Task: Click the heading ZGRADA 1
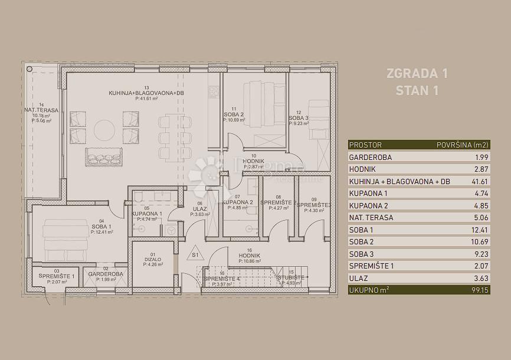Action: tap(416, 74)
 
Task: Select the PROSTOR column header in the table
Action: tap(365, 145)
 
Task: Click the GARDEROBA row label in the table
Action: tap(371, 158)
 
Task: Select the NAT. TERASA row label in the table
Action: tap(372, 217)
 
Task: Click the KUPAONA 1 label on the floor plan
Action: tap(147, 214)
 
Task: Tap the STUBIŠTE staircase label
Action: tap(291, 277)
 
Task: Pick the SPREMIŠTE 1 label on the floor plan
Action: tap(57, 277)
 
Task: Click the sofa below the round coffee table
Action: tap(104, 157)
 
